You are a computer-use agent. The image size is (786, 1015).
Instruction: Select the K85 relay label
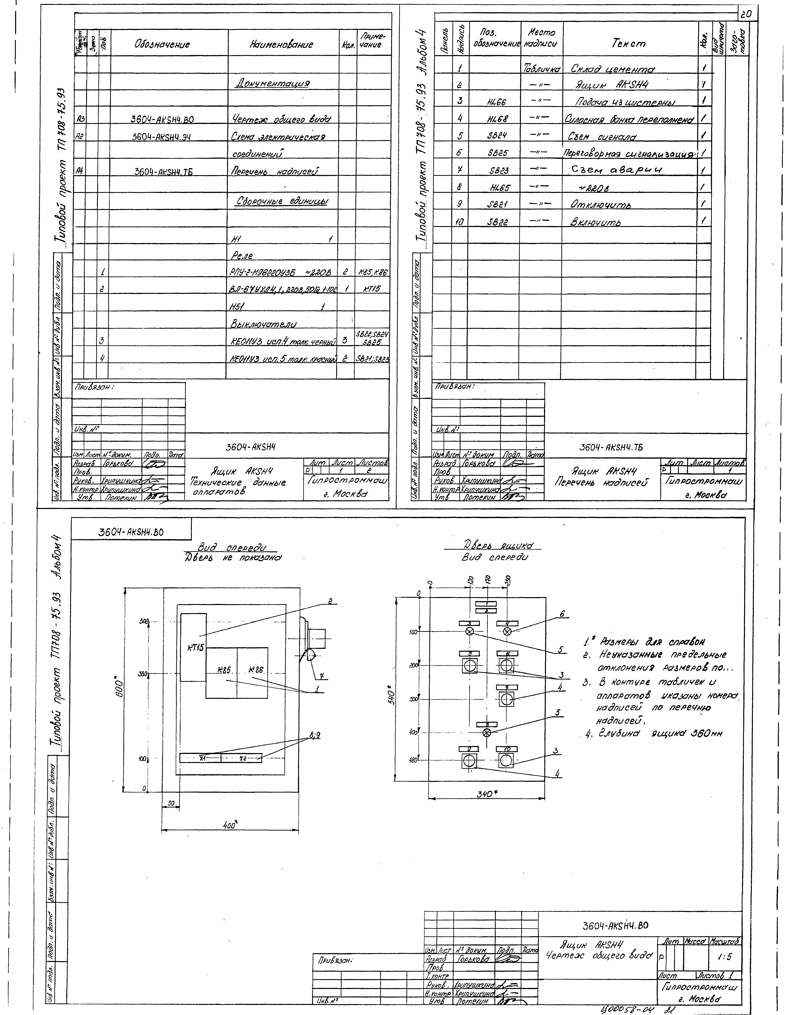click(x=224, y=670)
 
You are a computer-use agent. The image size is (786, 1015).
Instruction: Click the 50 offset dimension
click(x=171, y=803)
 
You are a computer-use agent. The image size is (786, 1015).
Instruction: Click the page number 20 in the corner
click(x=747, y=14)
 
